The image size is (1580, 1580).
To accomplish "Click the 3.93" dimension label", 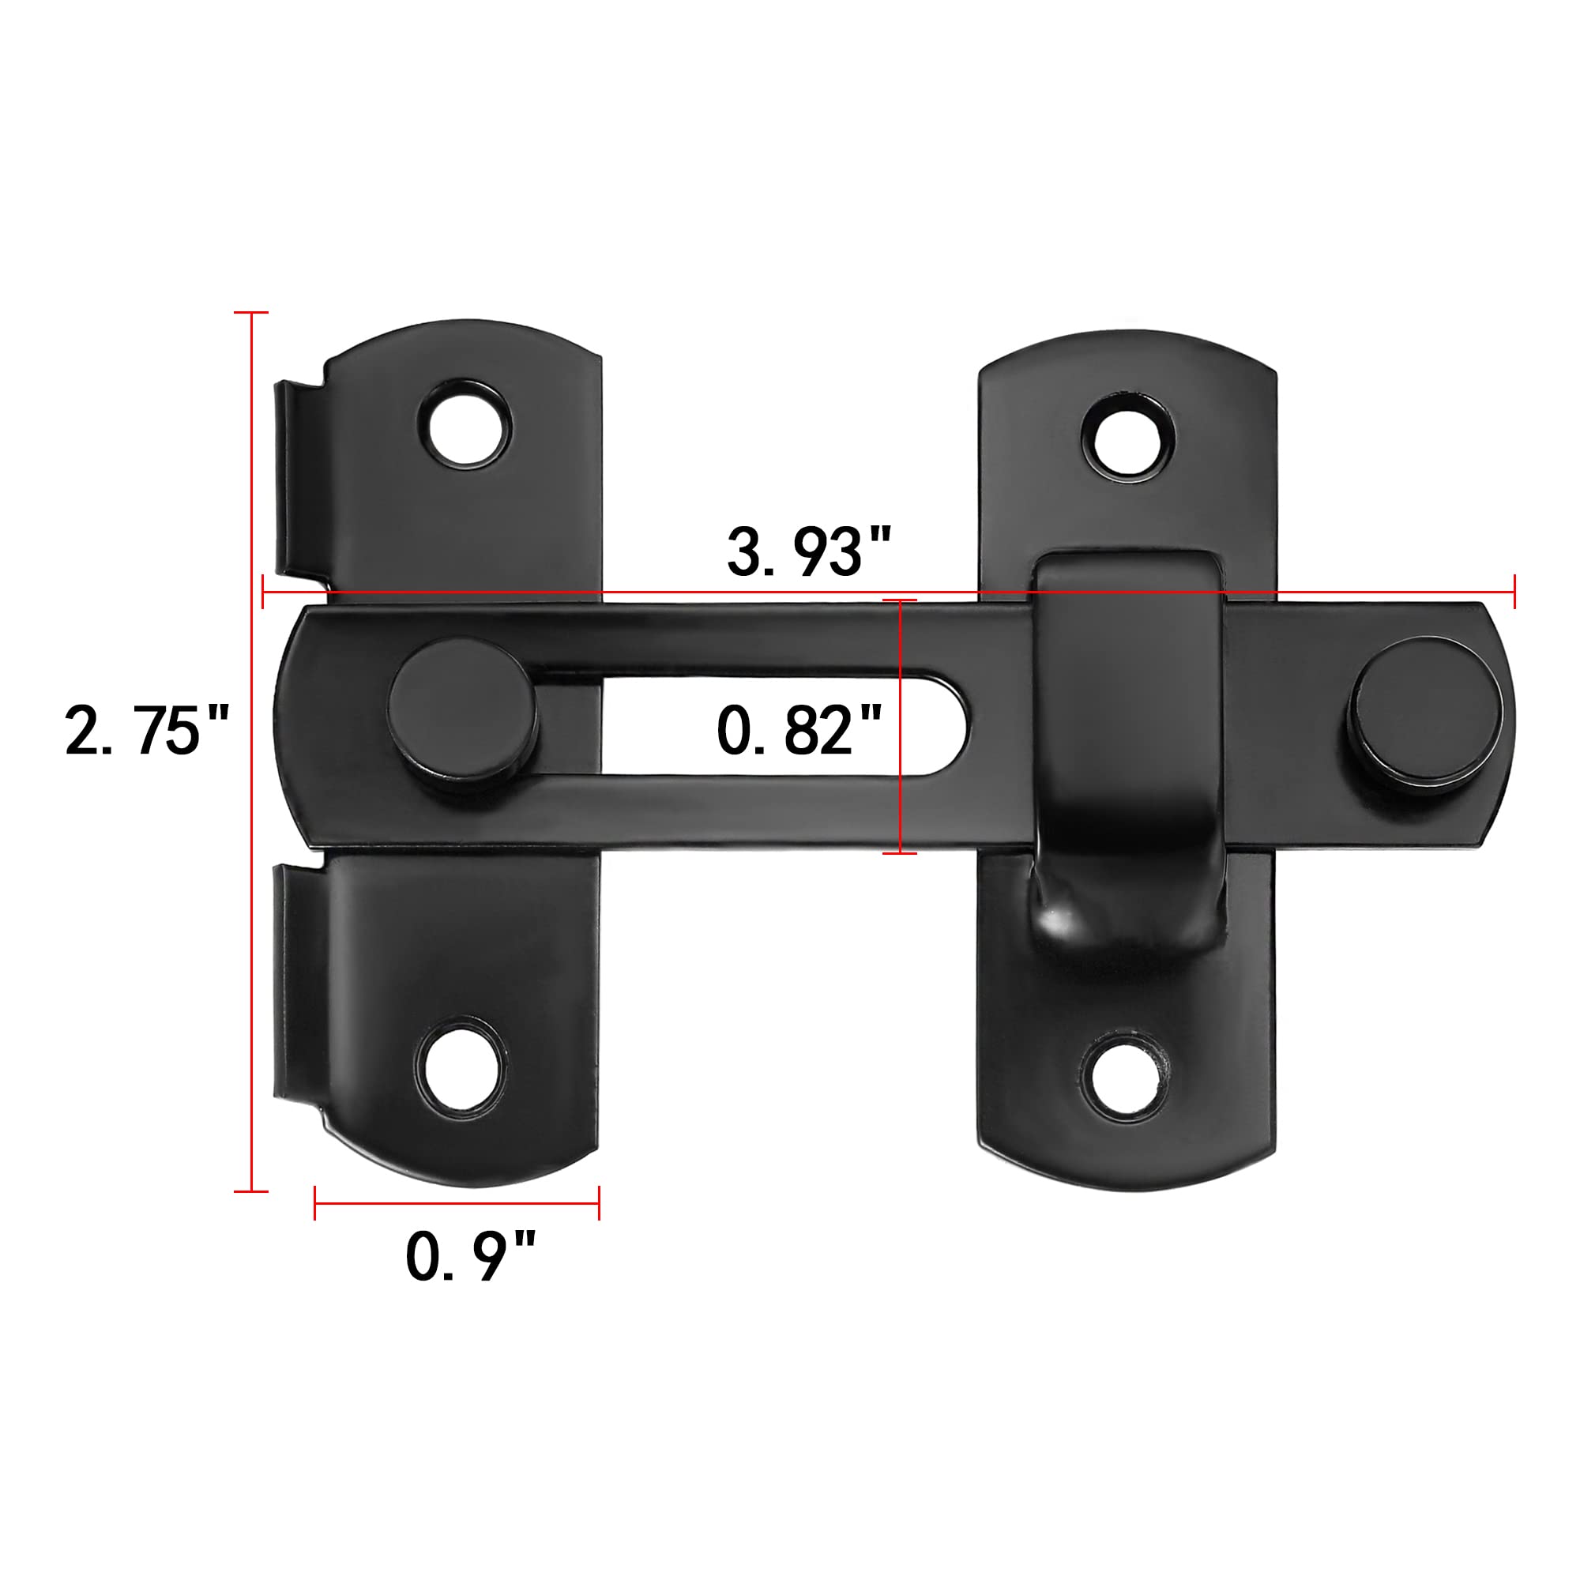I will pyautogui.click(x=808, y=552).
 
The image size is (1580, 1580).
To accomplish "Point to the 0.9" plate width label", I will pyautogui.click(x=470, y=1256).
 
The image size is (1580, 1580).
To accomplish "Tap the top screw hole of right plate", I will pyautogui.click(x=1130, y=437).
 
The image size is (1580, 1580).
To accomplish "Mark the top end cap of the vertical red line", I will pyautogui.click(x=251, y=312).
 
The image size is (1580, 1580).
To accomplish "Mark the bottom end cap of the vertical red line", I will pyautogui.click(x=251, y=1191).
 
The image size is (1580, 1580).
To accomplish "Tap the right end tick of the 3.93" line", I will pyautogui.click(x=1514, y=591).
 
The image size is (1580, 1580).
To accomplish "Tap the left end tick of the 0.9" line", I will pyautogui.click(x=315, y=1203).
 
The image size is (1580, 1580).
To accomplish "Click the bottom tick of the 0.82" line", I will pyautogui.click(x=900, y=853).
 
